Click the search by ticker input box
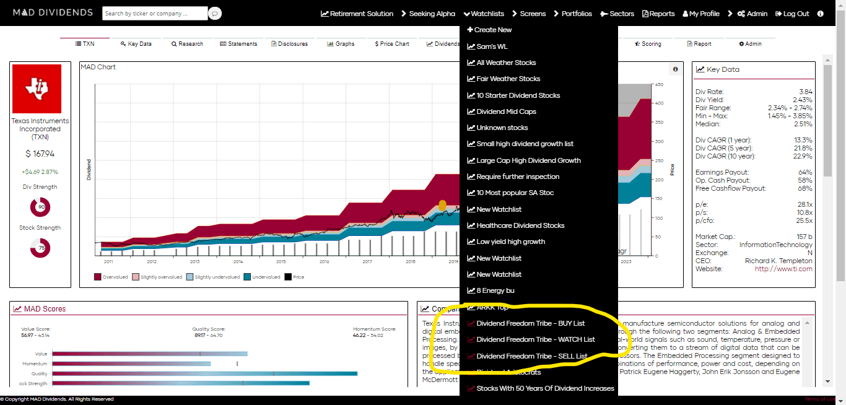154,13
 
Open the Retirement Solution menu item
357,14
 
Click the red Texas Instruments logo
37,89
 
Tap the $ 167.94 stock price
40,154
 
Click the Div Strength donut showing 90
40,207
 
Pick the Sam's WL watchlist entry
492,46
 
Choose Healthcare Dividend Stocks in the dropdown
520,225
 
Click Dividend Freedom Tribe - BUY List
530,323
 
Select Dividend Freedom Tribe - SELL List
531,356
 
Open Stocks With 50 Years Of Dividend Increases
545,388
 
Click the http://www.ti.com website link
783,269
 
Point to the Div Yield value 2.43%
802,100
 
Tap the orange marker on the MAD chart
442,205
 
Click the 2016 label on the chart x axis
324,262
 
